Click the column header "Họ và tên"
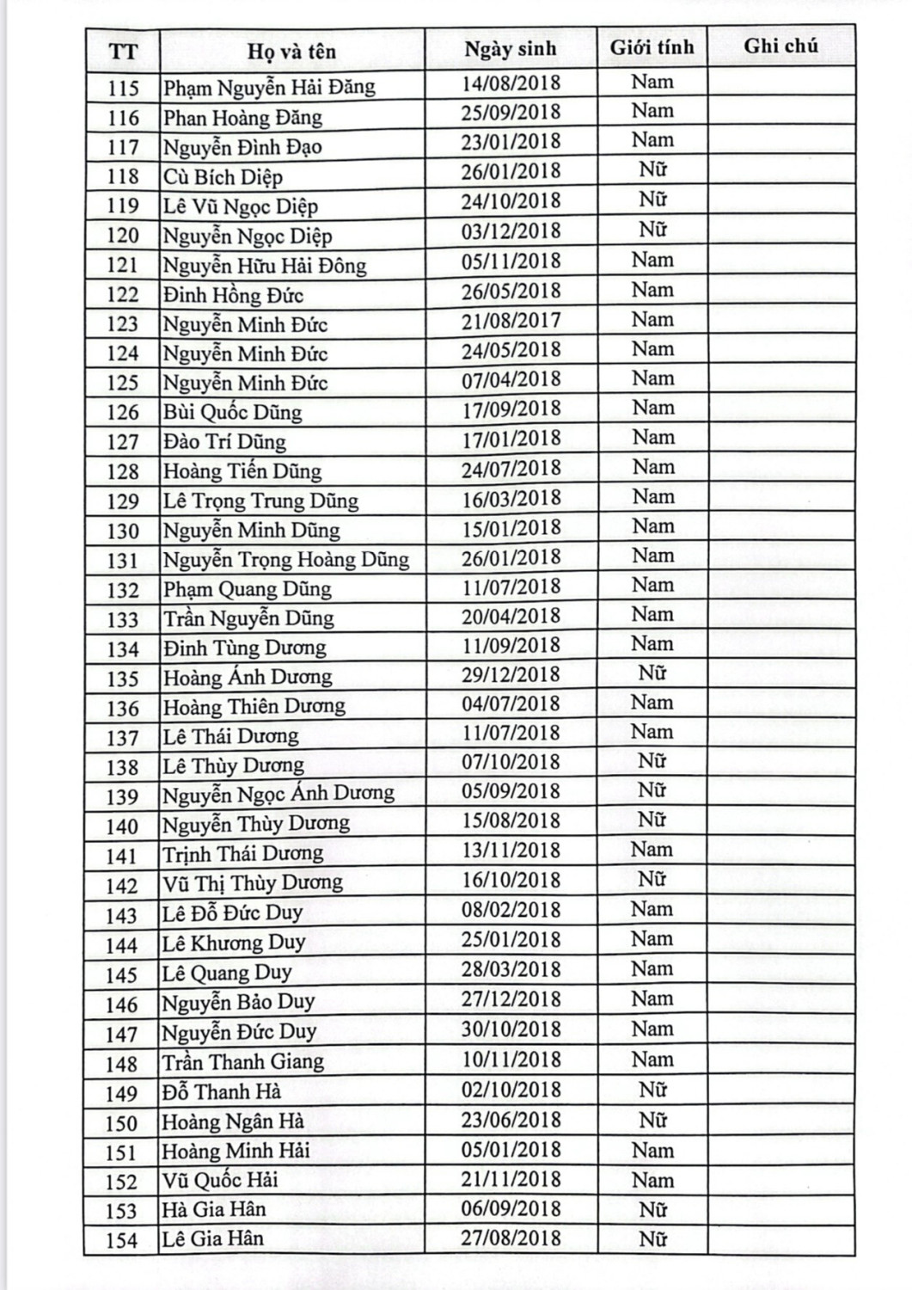(x=291, y=51)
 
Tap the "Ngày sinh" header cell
(x=511, y=49)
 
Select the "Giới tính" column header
(x=652, y=47)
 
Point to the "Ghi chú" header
(x=780, y=46)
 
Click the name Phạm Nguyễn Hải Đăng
(x=269, y=87)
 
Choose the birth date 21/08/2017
(x=511, y=321)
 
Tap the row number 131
(x=122, y=561)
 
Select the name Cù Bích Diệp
(x=223, y=177)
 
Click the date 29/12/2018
(x=511, y=675)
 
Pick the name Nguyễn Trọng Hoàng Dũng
(x=286, y=560)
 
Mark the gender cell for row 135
(x=652, y=673)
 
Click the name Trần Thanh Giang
(x=243, y=1062)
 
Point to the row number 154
(x=121, y=1240)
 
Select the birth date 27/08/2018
(x=511, y=1238)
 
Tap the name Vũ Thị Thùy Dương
(x=253, y=883)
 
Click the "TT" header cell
(x=123, y=52)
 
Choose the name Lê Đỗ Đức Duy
(x=232, y=912)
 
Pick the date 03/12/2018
(x=511, y=231)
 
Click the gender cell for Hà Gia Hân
(x=652, y=1209)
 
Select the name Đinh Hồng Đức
(x=233, y=295)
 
